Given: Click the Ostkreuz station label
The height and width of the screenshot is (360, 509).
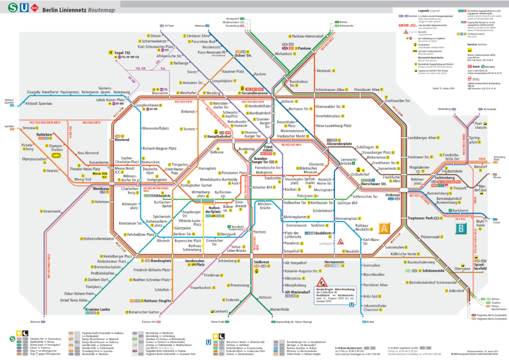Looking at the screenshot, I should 392,195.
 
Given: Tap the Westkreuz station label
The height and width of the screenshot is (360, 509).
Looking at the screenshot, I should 100,189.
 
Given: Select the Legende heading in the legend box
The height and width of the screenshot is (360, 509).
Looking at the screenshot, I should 416,10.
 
